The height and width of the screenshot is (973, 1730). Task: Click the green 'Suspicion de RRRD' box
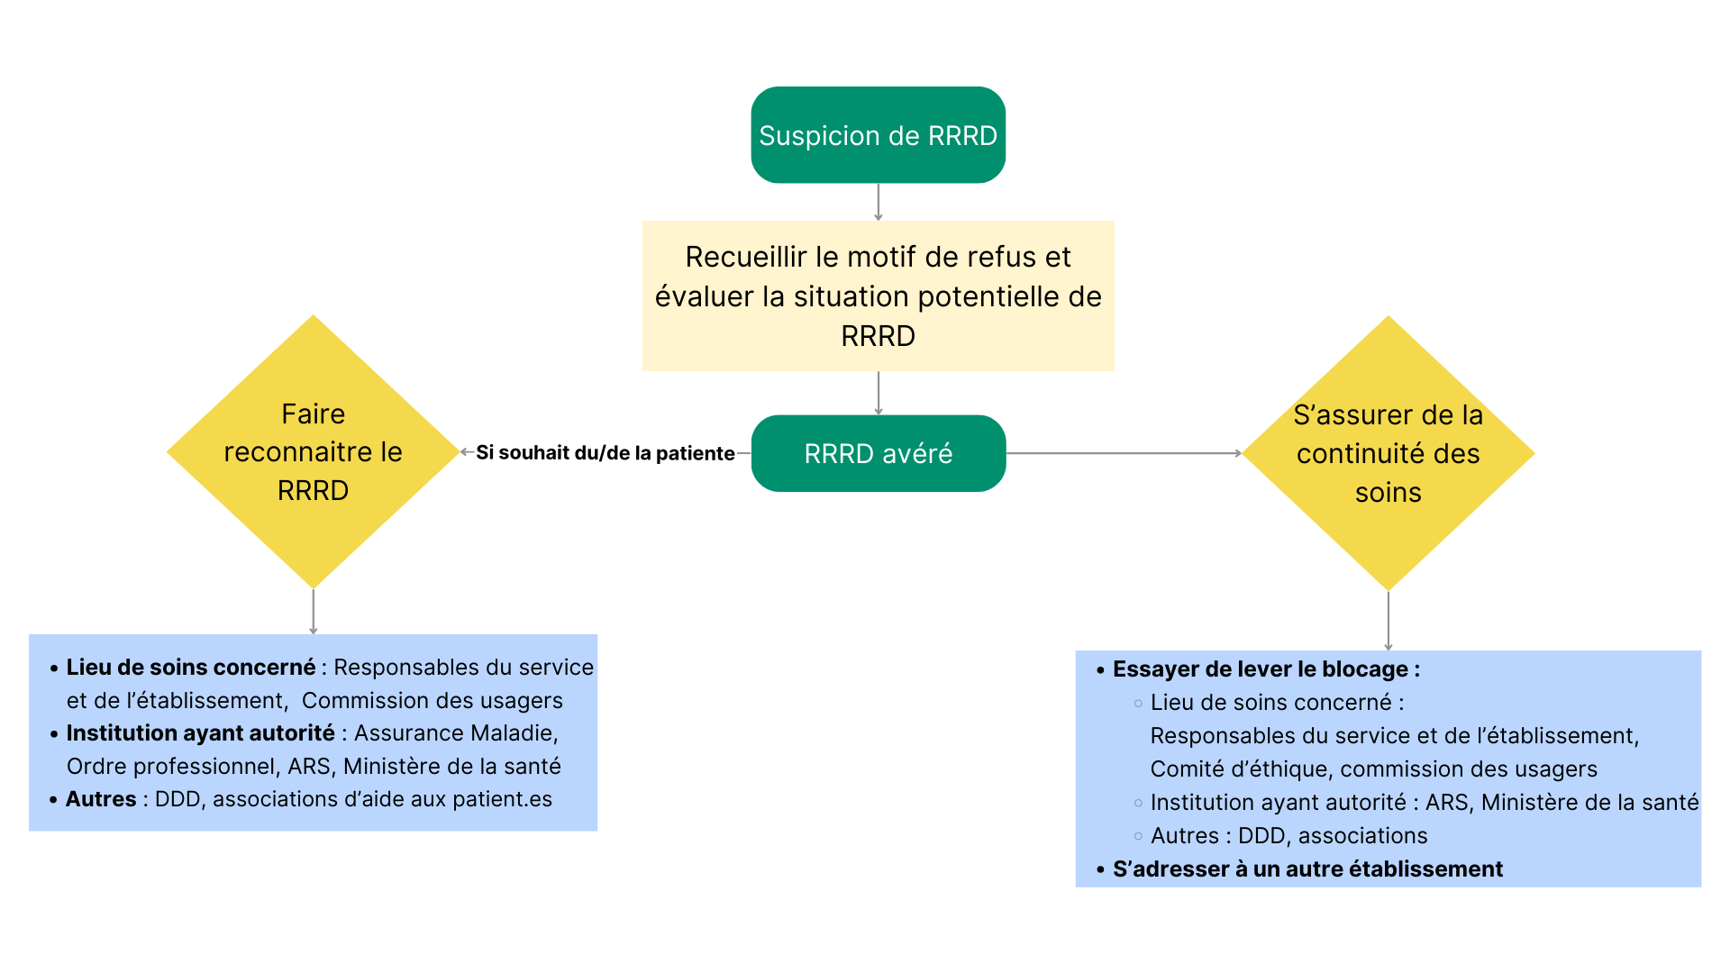click(878, 135)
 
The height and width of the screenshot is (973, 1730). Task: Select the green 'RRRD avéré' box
click(878, 453)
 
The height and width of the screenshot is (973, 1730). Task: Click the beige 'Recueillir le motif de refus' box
click(878, 296)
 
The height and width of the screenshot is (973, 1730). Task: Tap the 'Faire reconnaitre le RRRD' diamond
click(313, 451)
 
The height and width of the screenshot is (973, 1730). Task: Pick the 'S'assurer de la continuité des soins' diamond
click(1388, 453)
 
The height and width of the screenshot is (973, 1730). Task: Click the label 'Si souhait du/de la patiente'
click(605, 453)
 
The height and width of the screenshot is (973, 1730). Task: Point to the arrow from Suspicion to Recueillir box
click(879, 202)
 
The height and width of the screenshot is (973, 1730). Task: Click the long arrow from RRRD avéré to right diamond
click(1124, 453)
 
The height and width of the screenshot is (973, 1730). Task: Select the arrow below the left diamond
click(313, 612)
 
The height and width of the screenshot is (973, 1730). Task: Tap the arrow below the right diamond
click(1388, 620)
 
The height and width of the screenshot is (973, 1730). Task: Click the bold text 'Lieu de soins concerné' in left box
click(190, 668)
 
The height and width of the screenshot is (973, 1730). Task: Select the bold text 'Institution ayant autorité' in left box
click(200, 733)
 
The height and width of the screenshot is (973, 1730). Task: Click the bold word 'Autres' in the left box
click(101, 799)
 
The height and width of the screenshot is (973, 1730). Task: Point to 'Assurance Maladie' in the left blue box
click(455, 733)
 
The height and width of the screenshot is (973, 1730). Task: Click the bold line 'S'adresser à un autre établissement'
click(1307, 869)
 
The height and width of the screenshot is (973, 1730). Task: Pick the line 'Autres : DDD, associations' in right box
click(1288, 836)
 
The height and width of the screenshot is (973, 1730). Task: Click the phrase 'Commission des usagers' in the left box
click(432, 701)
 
